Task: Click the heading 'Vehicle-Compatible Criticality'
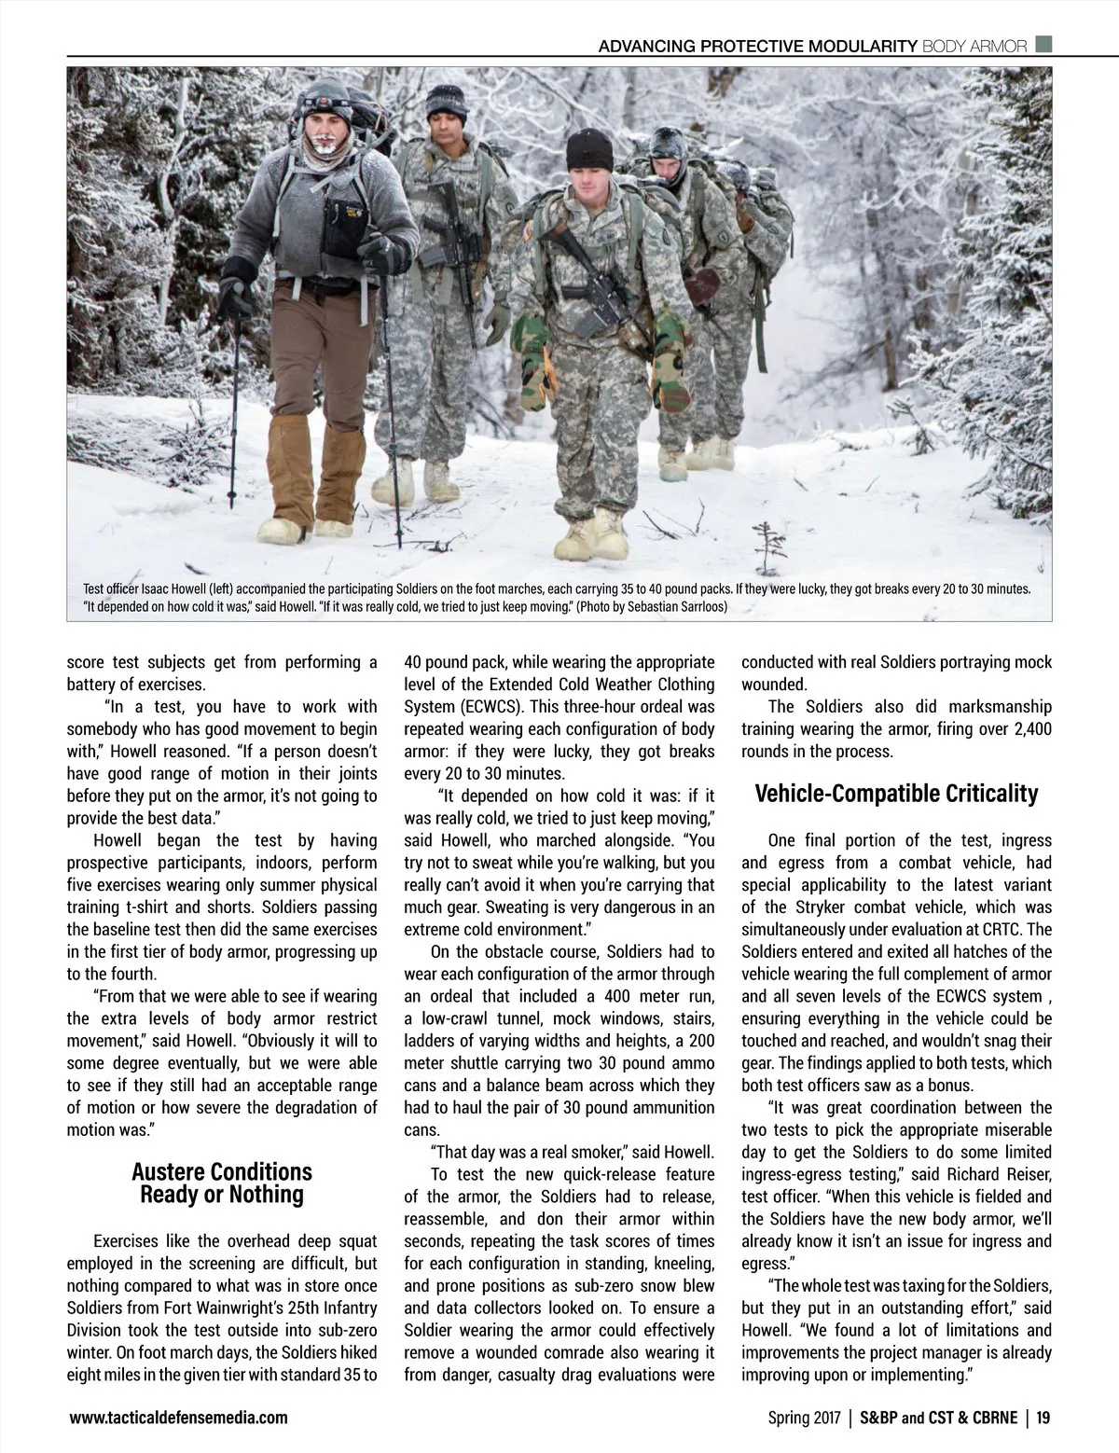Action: [x=895, y=795]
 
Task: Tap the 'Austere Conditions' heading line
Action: [x=222, y=1171]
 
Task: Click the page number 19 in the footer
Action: [x=1043, y=1418]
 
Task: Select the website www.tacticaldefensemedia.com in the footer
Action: [x=178, y=1418]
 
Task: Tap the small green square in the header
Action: [x=1044, y=44]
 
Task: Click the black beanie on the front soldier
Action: [x=588, y=149]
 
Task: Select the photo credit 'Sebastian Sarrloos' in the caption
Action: [x=678, y=607]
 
